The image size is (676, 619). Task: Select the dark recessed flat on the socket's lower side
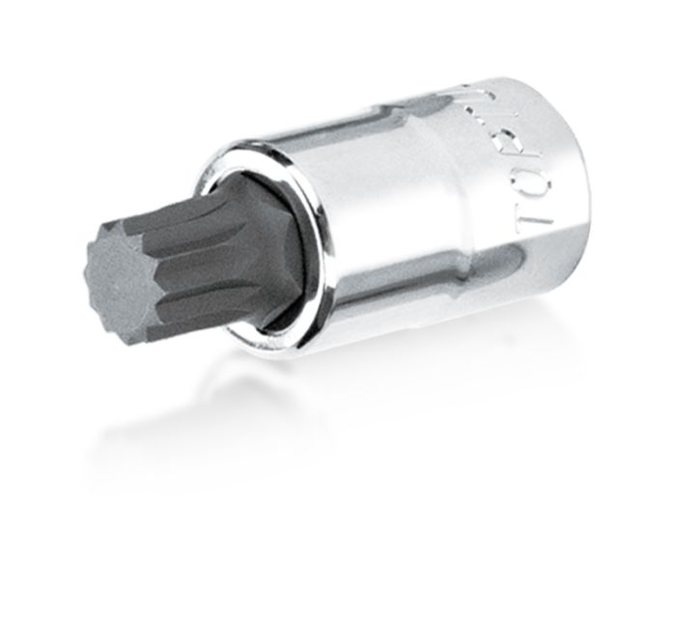435,290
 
